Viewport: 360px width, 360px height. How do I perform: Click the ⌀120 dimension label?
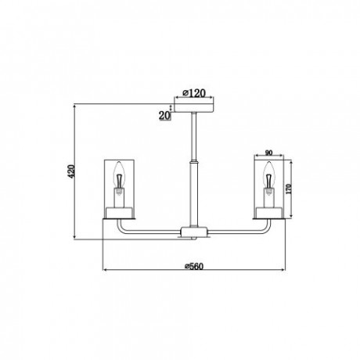[194, 93]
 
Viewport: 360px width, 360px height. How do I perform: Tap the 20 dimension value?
[164, 115]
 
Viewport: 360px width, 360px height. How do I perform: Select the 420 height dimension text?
[71, 171]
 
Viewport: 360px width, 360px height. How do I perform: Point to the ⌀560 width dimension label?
[193, 266]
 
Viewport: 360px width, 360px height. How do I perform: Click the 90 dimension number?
[268, 153]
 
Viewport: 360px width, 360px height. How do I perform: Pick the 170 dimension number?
[288, 189]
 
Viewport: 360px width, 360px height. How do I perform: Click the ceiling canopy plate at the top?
[194, 108]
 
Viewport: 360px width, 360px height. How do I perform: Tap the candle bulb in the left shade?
[119, 178]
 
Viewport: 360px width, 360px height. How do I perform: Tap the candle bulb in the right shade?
[268, 178]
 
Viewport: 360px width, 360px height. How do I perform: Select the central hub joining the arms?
[194, 232]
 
